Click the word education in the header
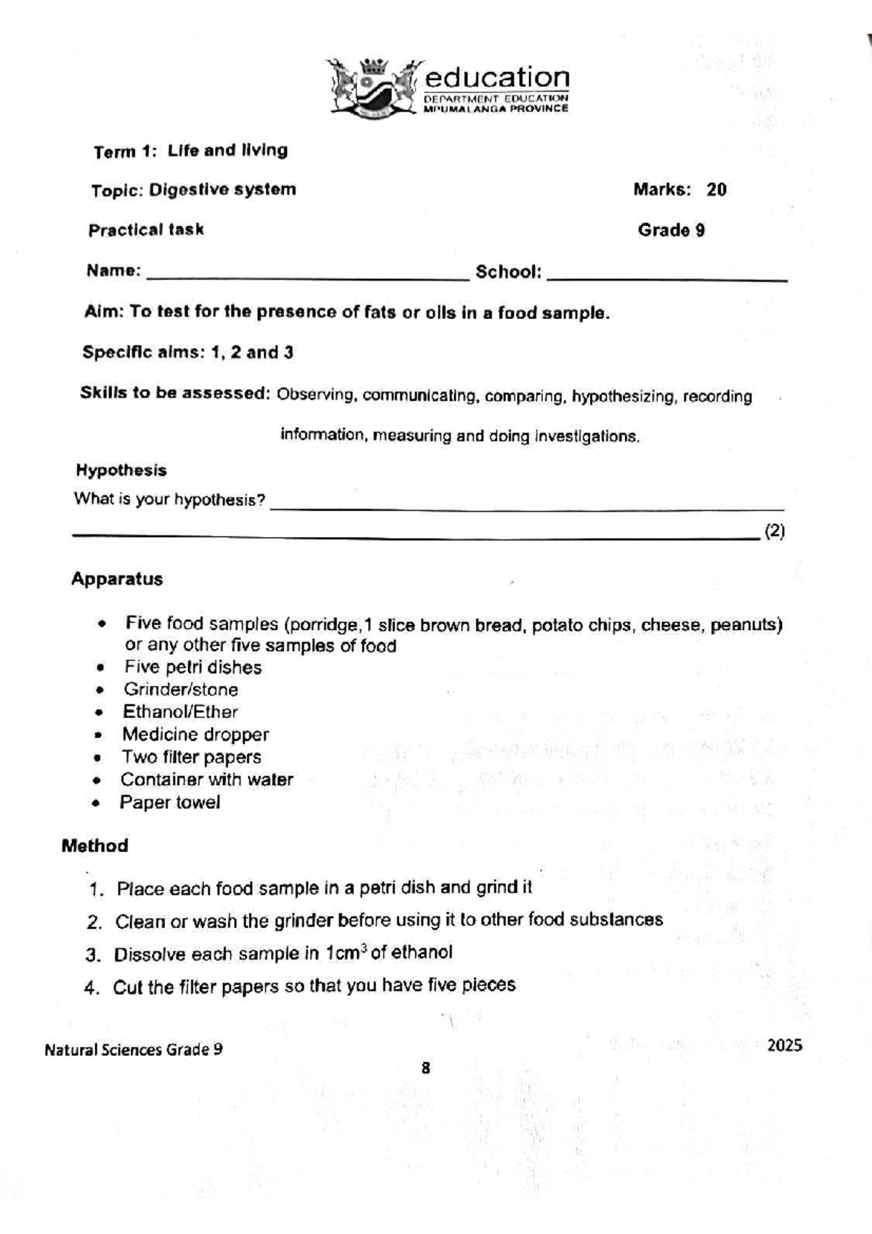tap(497, 77)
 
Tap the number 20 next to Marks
tap(716, 190)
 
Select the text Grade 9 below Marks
tap(671, 230)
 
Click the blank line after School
tap(666, 275)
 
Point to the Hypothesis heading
tap(121, 470)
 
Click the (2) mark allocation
tap(775, 531)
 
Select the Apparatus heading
tap(117, 579)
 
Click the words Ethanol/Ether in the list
tap(180, 712)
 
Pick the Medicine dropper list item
tap(195, 735)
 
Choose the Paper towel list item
tap(169, 802)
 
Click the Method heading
tap(94, 846)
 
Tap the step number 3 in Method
tap(92, 955)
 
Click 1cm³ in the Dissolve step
tap(345, 953)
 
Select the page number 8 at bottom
tap(425, 1068)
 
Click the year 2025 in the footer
tap(784, 1045)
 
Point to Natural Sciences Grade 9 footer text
tap(134, 1049)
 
